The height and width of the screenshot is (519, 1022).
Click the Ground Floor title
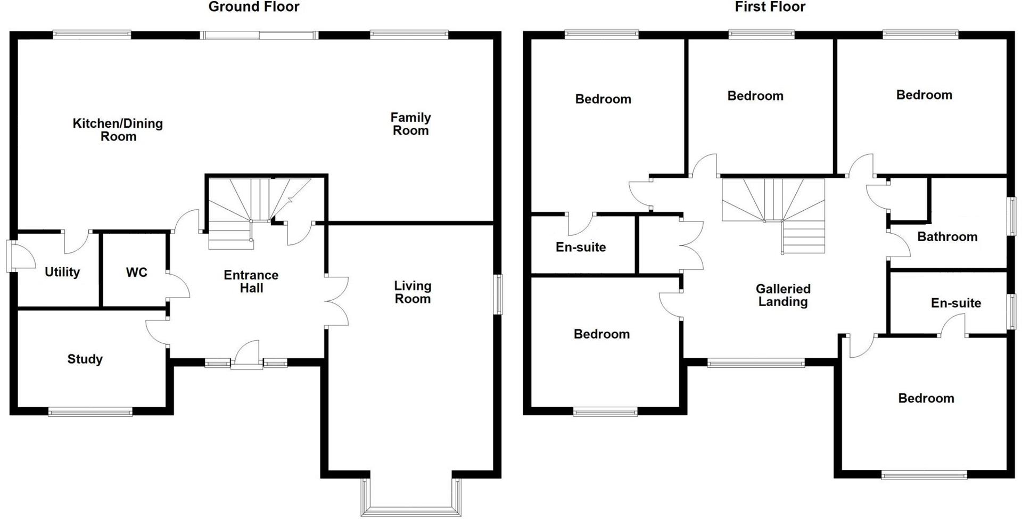point(253,7)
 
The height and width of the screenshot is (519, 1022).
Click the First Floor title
point(770,7)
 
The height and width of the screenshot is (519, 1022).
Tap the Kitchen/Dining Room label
point(118,130)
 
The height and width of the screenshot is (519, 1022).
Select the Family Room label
point(410,124)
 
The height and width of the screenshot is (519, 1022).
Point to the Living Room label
point(413,292)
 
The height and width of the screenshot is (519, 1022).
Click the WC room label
point(136,273)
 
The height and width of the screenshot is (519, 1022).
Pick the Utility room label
point(62,272)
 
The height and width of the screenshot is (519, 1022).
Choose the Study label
point(85,359)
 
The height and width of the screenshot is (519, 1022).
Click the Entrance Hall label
point(251,282)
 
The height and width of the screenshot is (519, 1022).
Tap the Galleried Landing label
point(783,295)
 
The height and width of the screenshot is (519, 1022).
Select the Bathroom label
point(947,237)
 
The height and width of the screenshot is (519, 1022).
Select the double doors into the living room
point(336,301)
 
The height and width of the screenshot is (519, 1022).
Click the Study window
point(90,411)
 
